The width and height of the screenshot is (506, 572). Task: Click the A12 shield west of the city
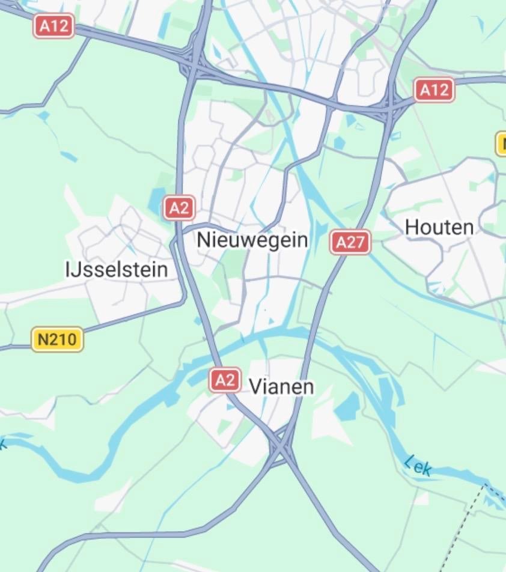pyautogui.click(x=53, y=26)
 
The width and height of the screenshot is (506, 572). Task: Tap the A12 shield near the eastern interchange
pyautogui.click(x=434, y=90)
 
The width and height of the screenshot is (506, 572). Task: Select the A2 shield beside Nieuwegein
pyautogui.click(x=179, y=208)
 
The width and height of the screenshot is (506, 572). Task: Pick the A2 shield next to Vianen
pyautogui.click(x=225, y=380)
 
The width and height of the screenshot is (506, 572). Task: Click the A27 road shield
pyautogui.click(x=350, y=242)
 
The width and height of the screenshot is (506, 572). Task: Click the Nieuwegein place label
pyautogui.click(x=252, y=240)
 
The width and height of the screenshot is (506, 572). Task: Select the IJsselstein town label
pyautogui.click(x=117, y=270)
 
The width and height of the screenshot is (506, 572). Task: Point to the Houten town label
pyautogui.click(x=439, y=227)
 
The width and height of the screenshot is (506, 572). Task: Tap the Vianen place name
pyautogui.click(x=281, y=386)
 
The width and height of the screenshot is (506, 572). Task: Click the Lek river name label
pyautogui.click(x=418, y=466)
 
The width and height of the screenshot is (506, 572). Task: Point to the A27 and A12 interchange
pyautogui.click(x=391, y=108)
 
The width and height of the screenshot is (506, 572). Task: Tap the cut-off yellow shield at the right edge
pyautogui.click(x=501, y=144)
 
